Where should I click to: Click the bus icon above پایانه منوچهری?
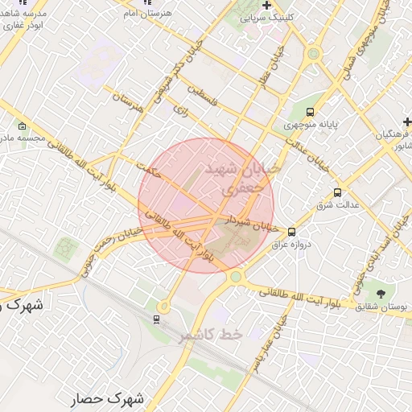[310, 112]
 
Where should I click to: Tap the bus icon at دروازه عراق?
[292, 232]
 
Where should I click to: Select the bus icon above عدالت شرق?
[336, 193]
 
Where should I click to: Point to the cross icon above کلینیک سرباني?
[266, 5]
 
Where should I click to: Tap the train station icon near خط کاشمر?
[156, 319]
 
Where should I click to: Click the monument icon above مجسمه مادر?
[21, 126]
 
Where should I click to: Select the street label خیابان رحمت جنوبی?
[109, 250]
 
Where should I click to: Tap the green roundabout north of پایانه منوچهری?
[314, 55]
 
